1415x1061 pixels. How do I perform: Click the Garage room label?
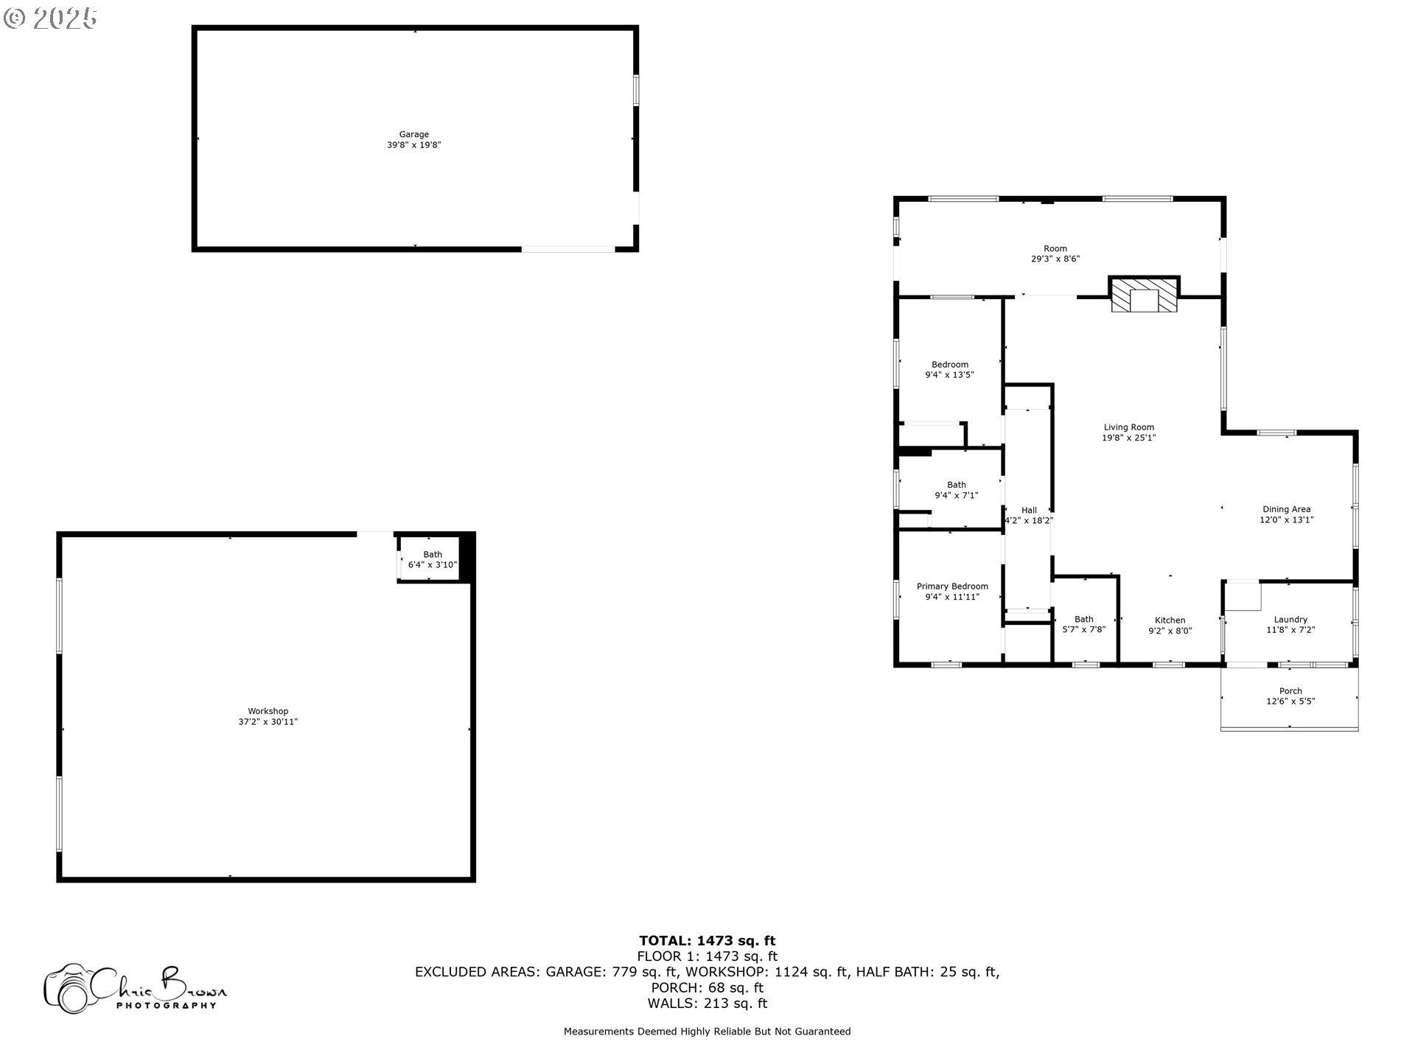point(414,135)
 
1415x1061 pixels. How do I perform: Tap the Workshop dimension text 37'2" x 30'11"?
point(268,722)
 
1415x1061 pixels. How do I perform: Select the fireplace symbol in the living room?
point(1145,295)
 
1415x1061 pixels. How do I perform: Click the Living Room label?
point(1128,427)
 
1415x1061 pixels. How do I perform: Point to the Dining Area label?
point(1286,509)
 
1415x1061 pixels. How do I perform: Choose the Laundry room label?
point(1290,620)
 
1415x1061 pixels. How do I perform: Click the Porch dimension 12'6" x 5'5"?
point(1290,701)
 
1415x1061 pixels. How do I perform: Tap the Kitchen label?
point(1170,620)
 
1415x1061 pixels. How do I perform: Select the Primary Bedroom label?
point(952,586)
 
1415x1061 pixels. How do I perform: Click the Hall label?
point(1029,510)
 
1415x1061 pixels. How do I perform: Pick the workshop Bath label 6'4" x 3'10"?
point(433,560)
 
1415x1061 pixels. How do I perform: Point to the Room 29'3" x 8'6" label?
point(1055,253)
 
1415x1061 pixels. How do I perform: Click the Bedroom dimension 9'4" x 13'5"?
point(949,375)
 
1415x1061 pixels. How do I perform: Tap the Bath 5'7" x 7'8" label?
point(1083,625)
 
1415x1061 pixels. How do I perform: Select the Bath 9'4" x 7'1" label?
point(956,490)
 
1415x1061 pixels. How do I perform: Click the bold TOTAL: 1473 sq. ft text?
point(707,940)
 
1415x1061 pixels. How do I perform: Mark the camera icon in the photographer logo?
point(69,988)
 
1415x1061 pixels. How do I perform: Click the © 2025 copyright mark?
point(50,18)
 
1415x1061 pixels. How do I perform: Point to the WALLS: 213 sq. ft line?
point(707,1004)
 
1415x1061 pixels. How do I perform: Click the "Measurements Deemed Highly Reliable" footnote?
point(707,1032)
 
